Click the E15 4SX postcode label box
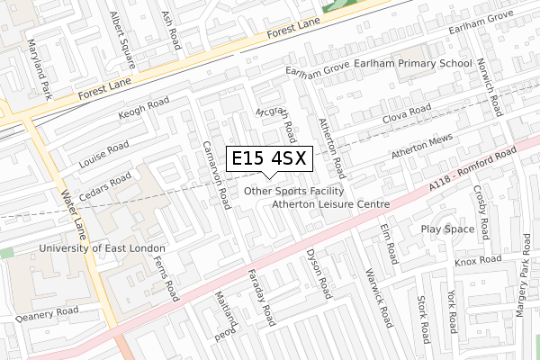(270, 158)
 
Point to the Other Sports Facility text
(293, 191)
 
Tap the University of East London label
(102, 247)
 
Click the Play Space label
(447, 229)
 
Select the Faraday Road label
(262, 302)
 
